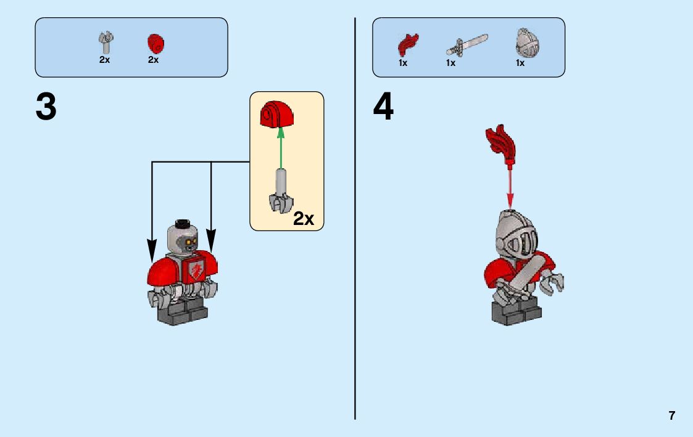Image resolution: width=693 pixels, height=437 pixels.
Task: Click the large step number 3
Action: coord(46,108)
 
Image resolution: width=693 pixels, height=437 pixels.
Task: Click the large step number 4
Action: coord(383,108)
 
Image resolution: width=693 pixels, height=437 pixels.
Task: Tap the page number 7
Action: coord(671,415)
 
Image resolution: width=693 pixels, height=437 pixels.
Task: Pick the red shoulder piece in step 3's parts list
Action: coord(155,44)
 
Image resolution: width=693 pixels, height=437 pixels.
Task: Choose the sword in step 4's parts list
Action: coord(467,45)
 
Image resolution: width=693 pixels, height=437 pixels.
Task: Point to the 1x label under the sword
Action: coord(450,63)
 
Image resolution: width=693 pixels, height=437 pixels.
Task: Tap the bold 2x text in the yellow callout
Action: coord(304,218)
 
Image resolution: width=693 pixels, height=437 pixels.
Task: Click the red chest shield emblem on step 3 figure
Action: coord(194,269)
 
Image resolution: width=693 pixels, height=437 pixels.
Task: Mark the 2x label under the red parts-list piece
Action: coord(153,60)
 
